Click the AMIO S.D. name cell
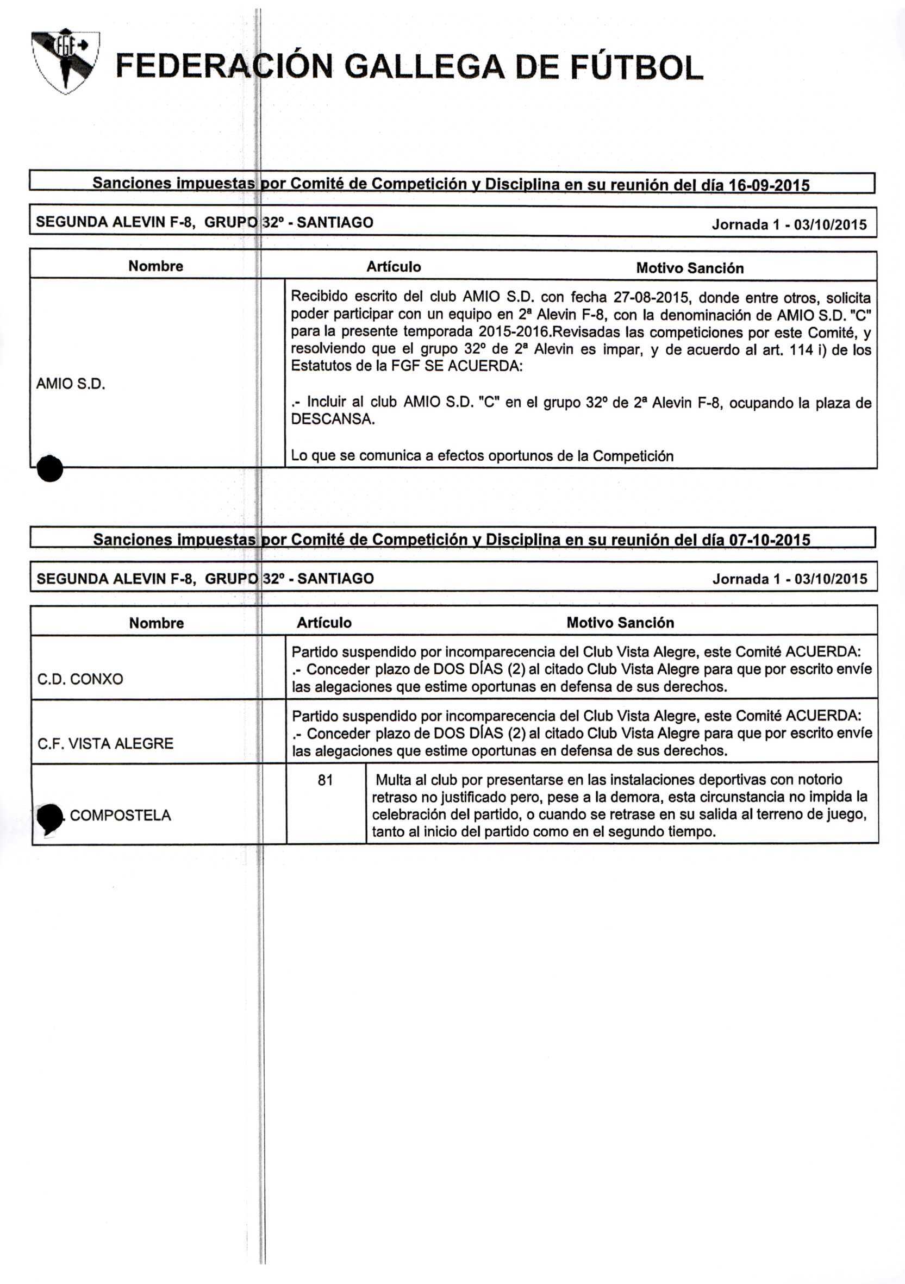pyautogui.click(x=71, y=384)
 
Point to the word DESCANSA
pyautogui.click(x=332, y=419)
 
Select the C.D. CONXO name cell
pyautogui.click(x=80, y=679)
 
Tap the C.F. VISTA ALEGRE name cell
pyautogui.click(x=105, y=743)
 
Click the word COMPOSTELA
pyautogui.click(x=120, y=816)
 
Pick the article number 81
pyautogui.click(x=325, y=780)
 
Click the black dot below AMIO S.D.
pyautogui.click(x=50, y=468)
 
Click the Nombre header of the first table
pyautogui.click(x=155, y=266)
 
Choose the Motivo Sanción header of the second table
pyautogui.click(x=620, y=623)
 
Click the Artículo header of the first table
pyautogui.click(x=393, y=267)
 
